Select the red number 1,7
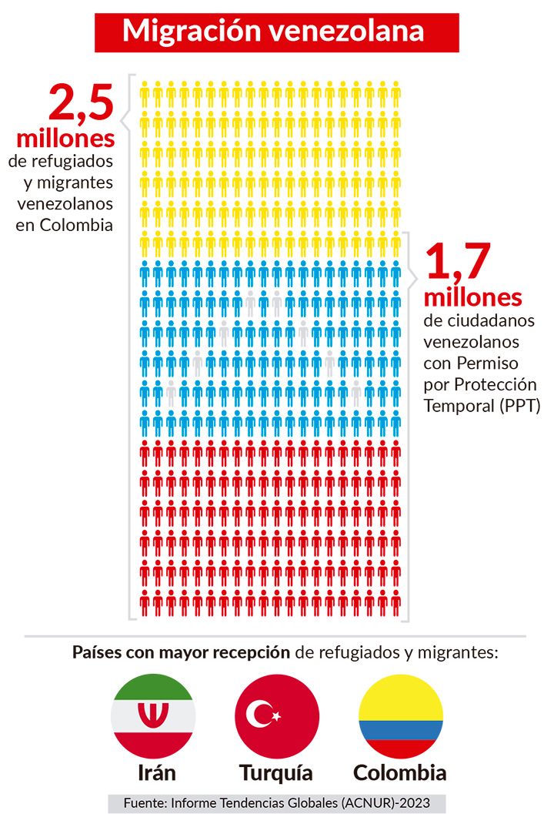point(457,262)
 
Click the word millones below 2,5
point(65,139)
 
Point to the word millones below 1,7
point(472,297)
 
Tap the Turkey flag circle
point(276,715)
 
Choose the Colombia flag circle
point(401,715)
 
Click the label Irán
point(152,772)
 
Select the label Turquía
point(276,772)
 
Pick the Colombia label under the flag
point(400,772)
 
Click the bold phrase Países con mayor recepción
point(181,653)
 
